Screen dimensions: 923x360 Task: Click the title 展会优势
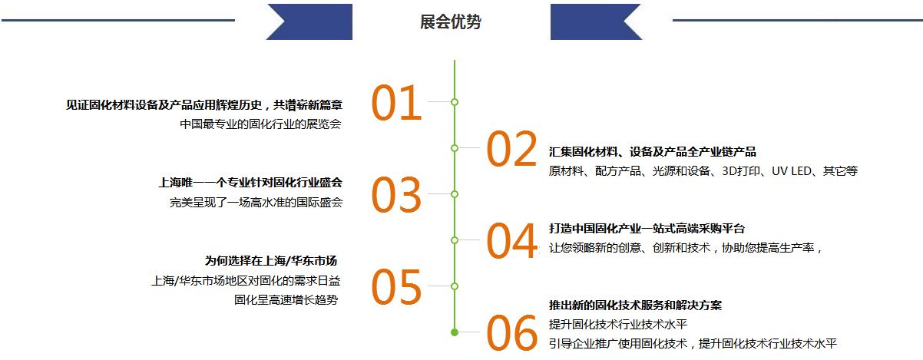click(x=451, y=21)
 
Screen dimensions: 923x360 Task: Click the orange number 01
click(x=396, y=103)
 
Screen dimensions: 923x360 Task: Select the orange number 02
click(x=511, y=149)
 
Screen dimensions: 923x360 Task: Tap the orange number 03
click(x=396, y=195)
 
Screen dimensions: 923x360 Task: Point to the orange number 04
click(x=511, y=240)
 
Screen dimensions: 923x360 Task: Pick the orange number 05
click(x=396, y=287)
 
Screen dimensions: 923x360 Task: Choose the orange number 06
click(x=511, y=333)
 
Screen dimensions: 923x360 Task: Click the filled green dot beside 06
click(x=455, y=332)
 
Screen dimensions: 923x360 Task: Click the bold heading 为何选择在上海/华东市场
click(x=271, y=261)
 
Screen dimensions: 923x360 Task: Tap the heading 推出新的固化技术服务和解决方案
click(x=635, y=306)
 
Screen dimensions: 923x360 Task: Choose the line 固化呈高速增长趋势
click(x=286, y=300)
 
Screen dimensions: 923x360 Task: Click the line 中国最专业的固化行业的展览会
click(x=260, y=124)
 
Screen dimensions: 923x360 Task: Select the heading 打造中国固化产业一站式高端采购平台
click(x=647, y=229)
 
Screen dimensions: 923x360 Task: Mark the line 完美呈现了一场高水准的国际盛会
click(x=256, y=202)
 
